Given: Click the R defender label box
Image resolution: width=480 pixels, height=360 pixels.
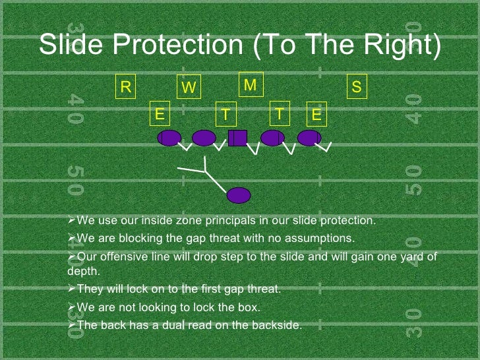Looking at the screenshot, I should coord(125,88).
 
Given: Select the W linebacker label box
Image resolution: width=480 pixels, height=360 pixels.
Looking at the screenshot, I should coord(189,88).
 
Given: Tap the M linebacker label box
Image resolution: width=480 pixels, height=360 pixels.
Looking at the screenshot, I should coord(251,85).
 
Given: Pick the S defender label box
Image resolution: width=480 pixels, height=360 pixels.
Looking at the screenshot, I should coord(357,88).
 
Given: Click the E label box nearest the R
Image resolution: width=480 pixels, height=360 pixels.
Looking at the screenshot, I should coord(160,114).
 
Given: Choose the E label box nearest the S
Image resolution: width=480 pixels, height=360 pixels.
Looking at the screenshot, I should coord(317,115).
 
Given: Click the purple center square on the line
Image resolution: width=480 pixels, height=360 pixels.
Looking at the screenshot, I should coord(237,138).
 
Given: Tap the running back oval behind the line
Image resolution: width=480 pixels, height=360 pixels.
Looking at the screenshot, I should coord(239,195).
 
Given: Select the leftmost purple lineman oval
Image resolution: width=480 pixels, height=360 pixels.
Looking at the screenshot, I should coord(169,138).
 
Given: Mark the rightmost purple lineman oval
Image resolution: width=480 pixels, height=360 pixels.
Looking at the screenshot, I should coord(309,138).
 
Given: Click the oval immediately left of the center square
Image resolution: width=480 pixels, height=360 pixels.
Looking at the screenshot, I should coord(204,138).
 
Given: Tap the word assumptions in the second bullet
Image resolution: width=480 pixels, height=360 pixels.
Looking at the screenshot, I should coord(322,237).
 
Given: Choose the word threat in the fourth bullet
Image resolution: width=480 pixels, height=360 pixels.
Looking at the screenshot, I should coord(260,289).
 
